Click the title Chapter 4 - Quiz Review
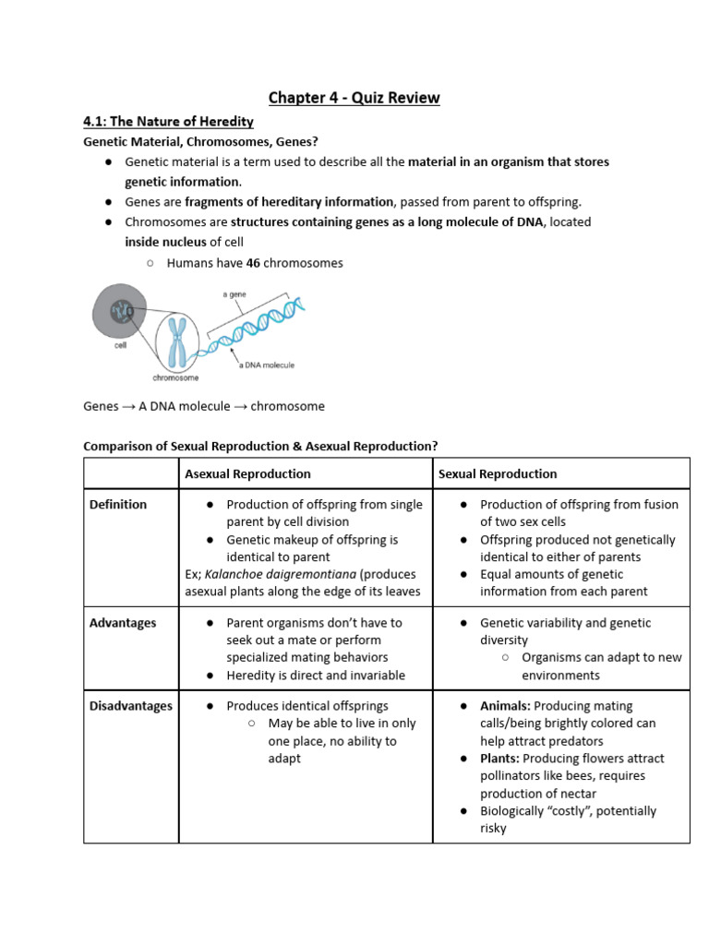[354, 97]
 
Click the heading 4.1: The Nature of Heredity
[168, 121]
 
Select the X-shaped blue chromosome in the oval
[176, 341]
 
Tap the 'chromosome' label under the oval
[175, 378]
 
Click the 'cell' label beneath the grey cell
[121, 346]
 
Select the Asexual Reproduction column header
[247, 473]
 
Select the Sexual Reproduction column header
[498, 473]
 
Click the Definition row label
[117, 504]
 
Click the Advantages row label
[122, 623]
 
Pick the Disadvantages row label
[130, 706]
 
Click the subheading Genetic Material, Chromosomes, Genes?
[200, 142]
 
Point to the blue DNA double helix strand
[258, 328]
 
